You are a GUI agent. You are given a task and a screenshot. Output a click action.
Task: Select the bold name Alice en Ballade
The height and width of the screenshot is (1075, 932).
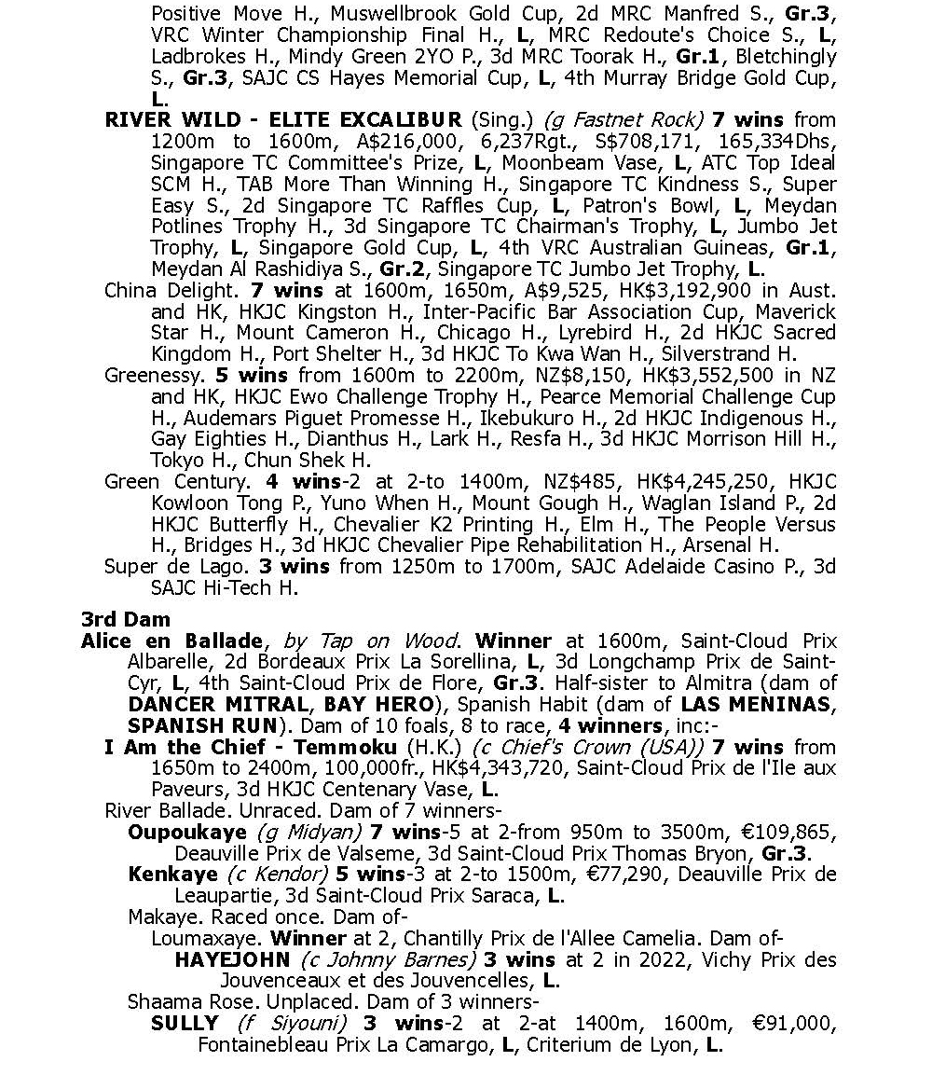click(171, 641)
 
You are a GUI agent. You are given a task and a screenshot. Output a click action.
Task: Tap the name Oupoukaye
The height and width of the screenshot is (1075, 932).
click(186, 832)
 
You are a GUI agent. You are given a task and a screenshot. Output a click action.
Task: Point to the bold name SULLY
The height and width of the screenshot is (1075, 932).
click(185, 1024)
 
